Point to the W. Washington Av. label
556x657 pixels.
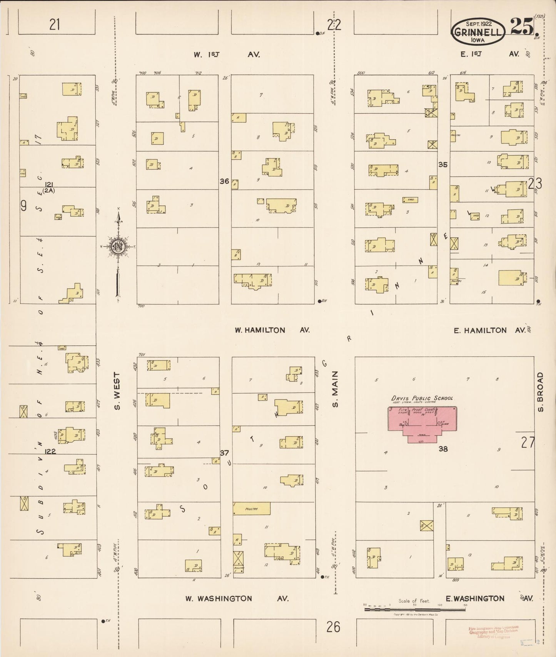[x=237, y=599]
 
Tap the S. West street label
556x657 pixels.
[x=117, y=391]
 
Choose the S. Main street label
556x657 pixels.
[x=335, y=389]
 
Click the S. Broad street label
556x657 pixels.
[x=541, y=392]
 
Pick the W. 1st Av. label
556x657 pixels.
[x=227, y=55]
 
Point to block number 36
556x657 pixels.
[x=224, y=181]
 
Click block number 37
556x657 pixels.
[x=224, y=453]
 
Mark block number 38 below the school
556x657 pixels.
[x=443, y=449]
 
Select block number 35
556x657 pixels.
[x=443, y=165]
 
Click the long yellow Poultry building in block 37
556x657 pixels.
[x=252, y=509]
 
